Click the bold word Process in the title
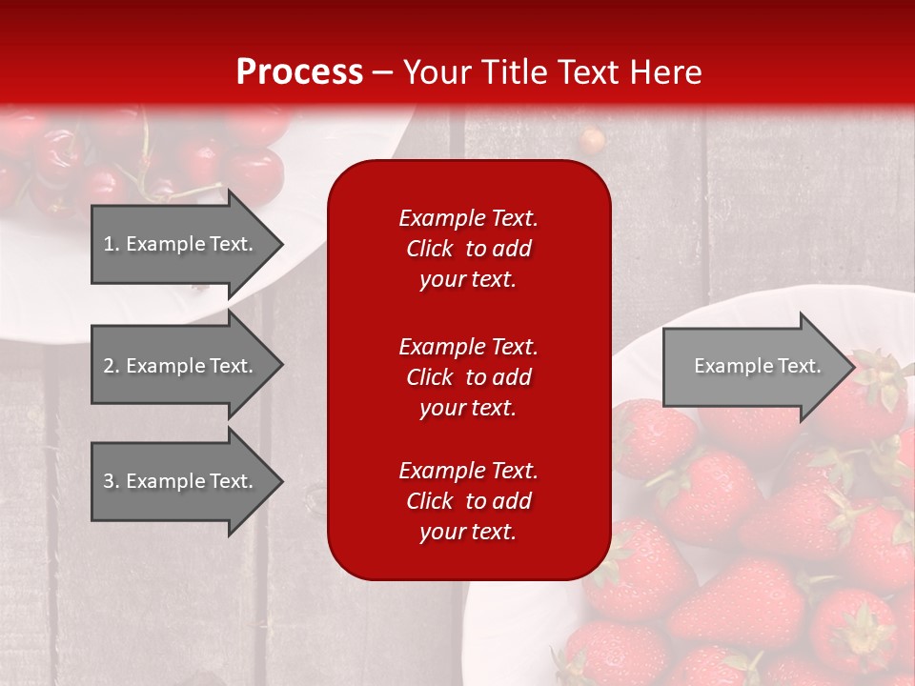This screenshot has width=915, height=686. pyautogui.click(x=299, y=72)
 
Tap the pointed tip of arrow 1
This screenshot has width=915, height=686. pyautogui.click(x=281, y=244)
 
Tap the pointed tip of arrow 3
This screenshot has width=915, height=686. pyautogui.click(x=281, y=481)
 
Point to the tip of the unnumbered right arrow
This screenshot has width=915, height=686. pyautogui.click(x=853, y=366)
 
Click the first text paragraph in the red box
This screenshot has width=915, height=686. pyautogui.click(x=468, y=249)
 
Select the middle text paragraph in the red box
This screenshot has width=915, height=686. pyautogui.click(x=468, y=377)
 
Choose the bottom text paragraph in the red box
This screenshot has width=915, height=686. pyautogui.click(x=468, y=501)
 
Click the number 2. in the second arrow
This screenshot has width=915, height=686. pyautogui.click(x=111, y=366)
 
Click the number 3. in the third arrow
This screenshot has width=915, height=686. pyautogui.click(x=111, y=481)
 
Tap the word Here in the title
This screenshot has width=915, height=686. pyautogui.click(x=666, y=72)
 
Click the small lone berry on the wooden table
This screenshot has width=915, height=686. pyautogui.click(x=593, y=140)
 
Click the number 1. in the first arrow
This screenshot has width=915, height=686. pyautogui.click(x=111, y=244)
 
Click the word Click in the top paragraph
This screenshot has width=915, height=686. pyautogui.click(x=430, y=249)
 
